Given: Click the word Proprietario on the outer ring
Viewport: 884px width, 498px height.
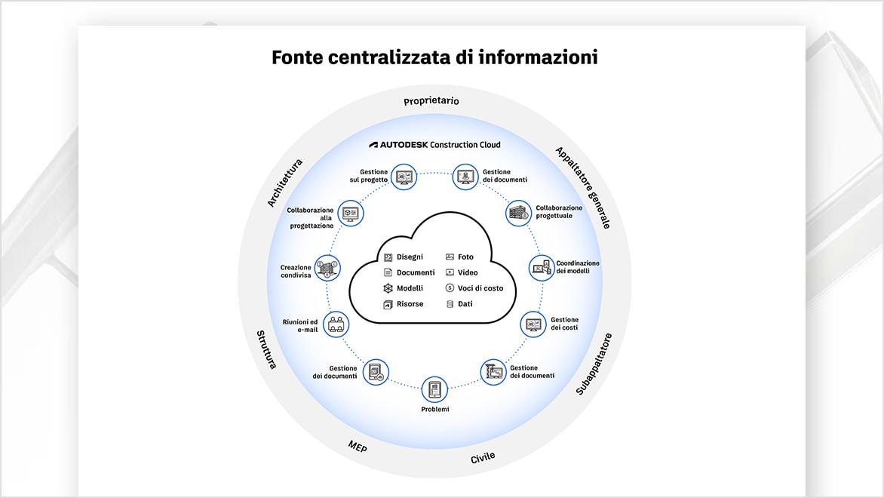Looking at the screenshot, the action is point(431,101).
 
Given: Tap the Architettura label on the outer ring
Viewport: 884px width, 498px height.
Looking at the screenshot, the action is point(284,183).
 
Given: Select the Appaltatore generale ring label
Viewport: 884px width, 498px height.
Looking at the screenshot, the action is point(583,188).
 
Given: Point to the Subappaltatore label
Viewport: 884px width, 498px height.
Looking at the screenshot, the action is point(594,364).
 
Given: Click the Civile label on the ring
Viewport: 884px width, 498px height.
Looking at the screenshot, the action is point(483,457).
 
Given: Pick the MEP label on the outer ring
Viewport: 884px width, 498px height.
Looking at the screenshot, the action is point(358,447).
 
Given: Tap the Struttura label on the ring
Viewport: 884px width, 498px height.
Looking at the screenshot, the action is point(267,349).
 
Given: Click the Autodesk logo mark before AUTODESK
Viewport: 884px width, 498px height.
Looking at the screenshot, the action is point(373,145).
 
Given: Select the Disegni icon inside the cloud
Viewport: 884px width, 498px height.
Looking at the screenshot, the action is point(388,257).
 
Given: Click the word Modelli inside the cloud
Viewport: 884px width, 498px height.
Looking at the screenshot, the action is point(410,288).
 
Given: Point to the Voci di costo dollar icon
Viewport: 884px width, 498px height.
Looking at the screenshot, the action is point(450,288).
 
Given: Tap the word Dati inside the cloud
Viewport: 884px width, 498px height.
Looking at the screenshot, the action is point(465,304).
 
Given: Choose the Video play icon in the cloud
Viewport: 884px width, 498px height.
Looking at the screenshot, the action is point(450,272).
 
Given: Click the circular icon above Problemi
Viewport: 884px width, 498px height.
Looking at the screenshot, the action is point(434,389).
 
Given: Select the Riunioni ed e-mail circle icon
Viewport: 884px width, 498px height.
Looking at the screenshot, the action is point(336,324).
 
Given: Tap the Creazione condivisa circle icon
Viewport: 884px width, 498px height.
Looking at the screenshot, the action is point(327,268).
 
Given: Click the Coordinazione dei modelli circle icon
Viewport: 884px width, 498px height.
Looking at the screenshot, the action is point(542,268).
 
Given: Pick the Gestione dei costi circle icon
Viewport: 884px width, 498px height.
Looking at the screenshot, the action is point(533,324).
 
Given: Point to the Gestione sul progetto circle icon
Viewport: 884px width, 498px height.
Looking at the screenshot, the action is point(404,177).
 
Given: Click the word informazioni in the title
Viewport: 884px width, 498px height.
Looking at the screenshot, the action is point(538,57).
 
